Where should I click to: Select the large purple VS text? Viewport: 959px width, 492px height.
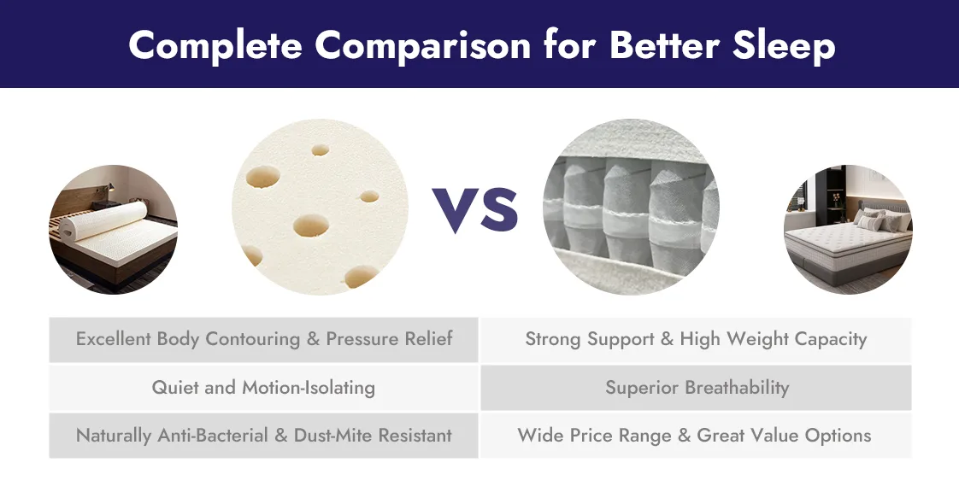[476, 208]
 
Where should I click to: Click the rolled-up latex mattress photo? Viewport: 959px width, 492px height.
[113, 230]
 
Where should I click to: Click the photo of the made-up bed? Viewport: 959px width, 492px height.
[848, 229]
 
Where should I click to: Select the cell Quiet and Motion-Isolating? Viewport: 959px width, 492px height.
[263, 387]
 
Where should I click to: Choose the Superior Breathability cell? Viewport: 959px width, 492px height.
[697, 387]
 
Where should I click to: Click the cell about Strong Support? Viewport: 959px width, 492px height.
[696, 339]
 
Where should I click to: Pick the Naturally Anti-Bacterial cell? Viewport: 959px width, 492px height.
[263, 436]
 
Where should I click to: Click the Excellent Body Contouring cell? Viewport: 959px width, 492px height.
[263, 339]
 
